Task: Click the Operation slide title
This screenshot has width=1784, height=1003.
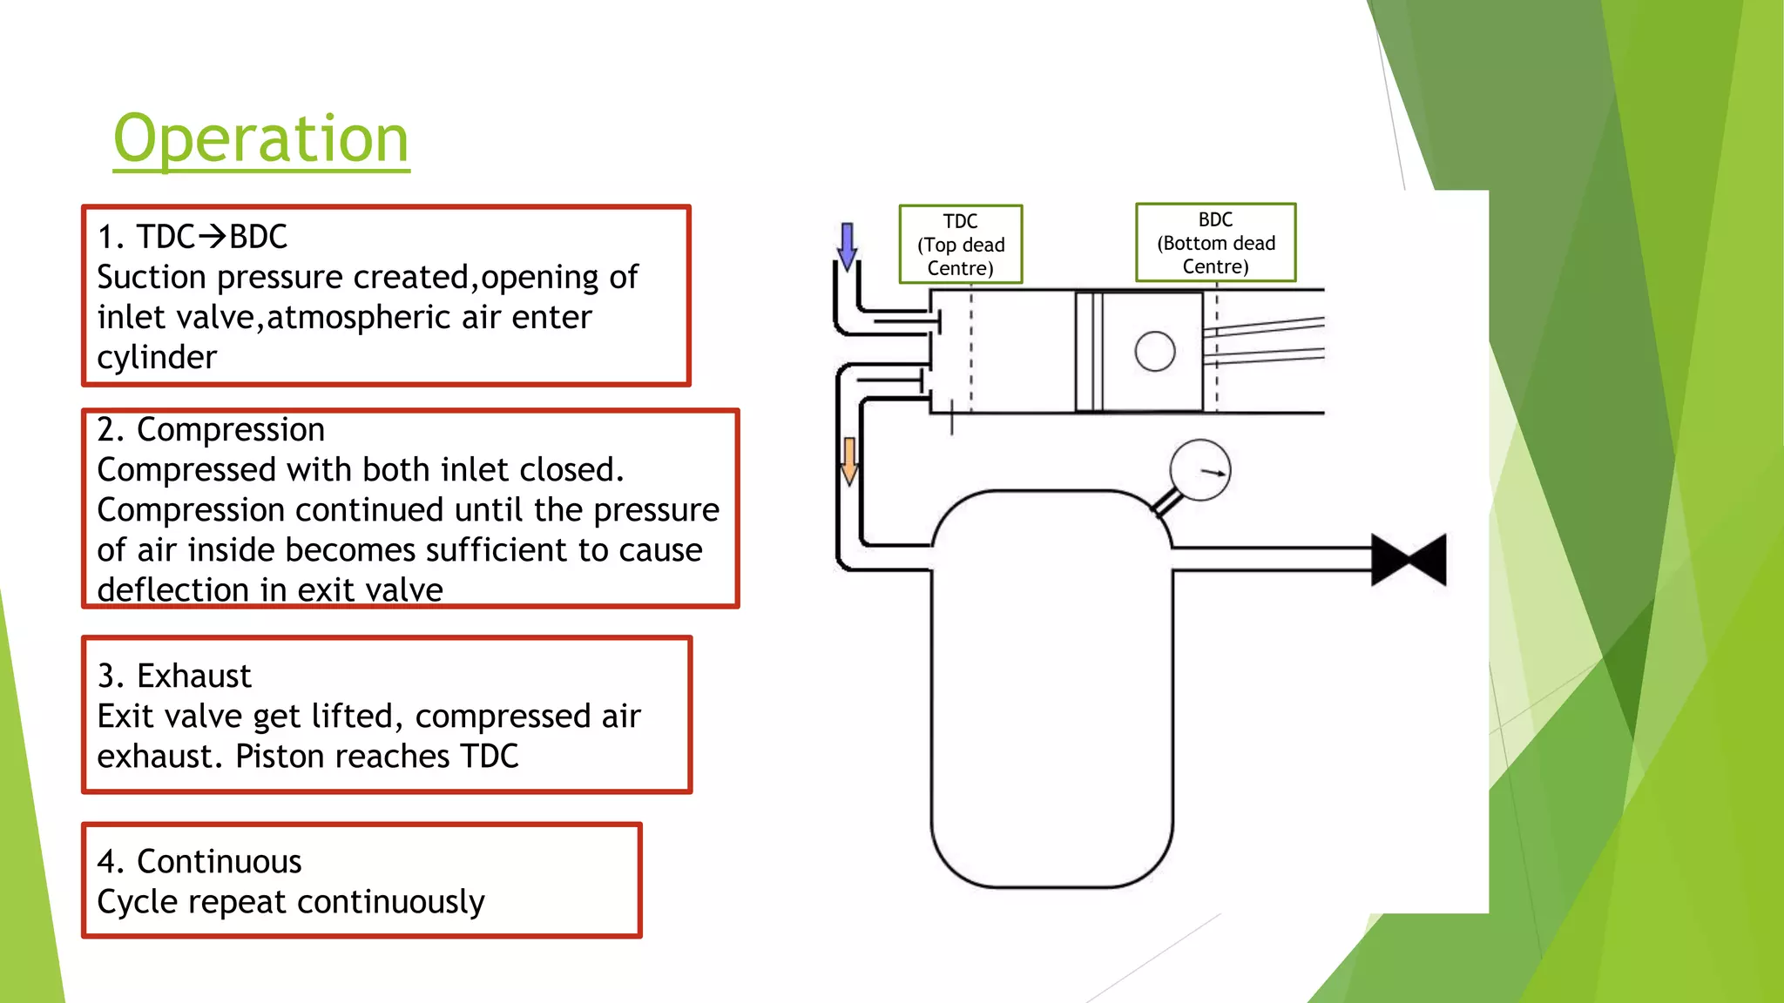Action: tap(260, 139)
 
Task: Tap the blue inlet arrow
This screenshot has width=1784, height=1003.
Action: tap(847, 246)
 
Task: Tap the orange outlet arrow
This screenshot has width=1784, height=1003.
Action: tap(849, 461)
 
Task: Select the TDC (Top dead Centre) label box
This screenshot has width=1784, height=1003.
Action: tap(960, 245)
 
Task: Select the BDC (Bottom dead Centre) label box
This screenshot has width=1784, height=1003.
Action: tap(1215, 243)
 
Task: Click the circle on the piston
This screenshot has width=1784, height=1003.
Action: tap(1155, 352)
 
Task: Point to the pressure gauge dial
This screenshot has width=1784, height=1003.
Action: tap(1199, 470)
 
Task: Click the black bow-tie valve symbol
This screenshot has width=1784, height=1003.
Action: tap(1409, 560)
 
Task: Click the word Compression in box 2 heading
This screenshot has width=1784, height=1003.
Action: tap(231, 430)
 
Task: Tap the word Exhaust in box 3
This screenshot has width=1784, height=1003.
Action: tap(193, 677)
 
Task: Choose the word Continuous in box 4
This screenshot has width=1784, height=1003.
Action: tap(219, 862)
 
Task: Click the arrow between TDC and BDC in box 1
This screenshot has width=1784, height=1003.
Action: tap(212, 236)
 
